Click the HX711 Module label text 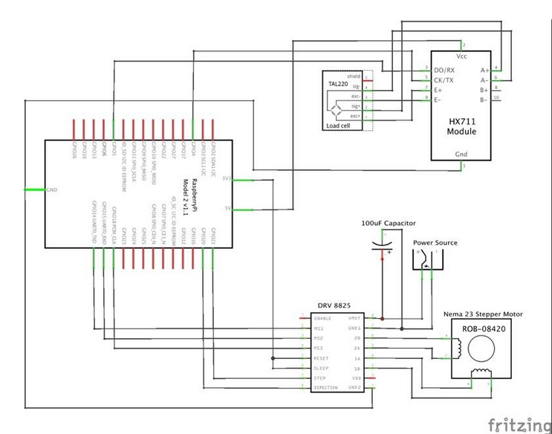point(461,126)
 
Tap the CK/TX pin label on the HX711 point(445,79)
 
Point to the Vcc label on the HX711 point(461,56)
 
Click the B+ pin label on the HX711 point(484,89)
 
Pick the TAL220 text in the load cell point(338,85)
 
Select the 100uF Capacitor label point(388,223)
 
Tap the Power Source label point(435,242)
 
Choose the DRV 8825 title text point(334,305)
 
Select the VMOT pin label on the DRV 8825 point(354,318)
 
